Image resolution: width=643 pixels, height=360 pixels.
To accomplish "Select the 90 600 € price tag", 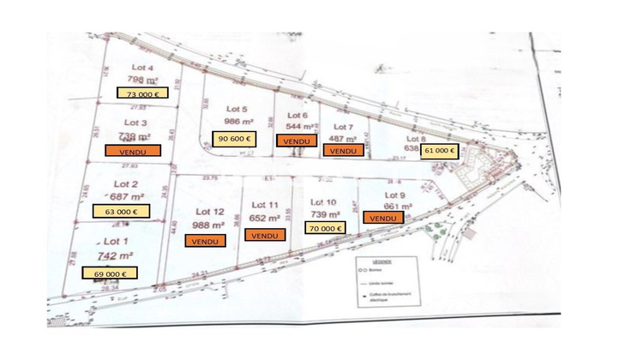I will [x=234, y=139].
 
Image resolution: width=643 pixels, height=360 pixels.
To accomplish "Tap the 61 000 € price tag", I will [x=438, y=150].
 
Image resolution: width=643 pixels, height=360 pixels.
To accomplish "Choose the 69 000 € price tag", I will [x=109, y=273].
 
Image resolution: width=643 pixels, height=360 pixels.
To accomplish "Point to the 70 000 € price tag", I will [x=324, y=228].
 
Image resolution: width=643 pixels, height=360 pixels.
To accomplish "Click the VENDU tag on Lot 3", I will [x=135, y=150].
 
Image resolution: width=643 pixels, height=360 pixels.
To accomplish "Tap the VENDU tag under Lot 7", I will [x=343, y=150].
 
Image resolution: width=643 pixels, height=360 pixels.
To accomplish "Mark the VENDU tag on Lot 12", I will [x=206, y=241].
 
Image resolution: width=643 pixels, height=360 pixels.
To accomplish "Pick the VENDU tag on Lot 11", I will [x=266, y=235].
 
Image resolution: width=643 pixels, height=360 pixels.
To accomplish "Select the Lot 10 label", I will [x=321, y=201].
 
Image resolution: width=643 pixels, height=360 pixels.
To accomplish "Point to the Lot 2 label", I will [x=125, y=183].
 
